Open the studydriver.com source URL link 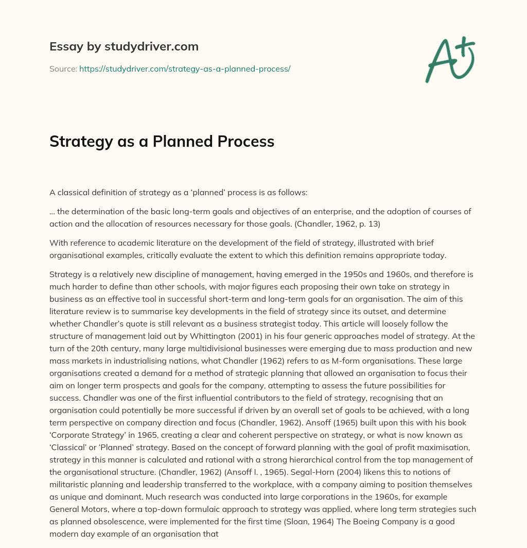[x=185, y=68]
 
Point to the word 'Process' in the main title [x=249, y=142]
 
